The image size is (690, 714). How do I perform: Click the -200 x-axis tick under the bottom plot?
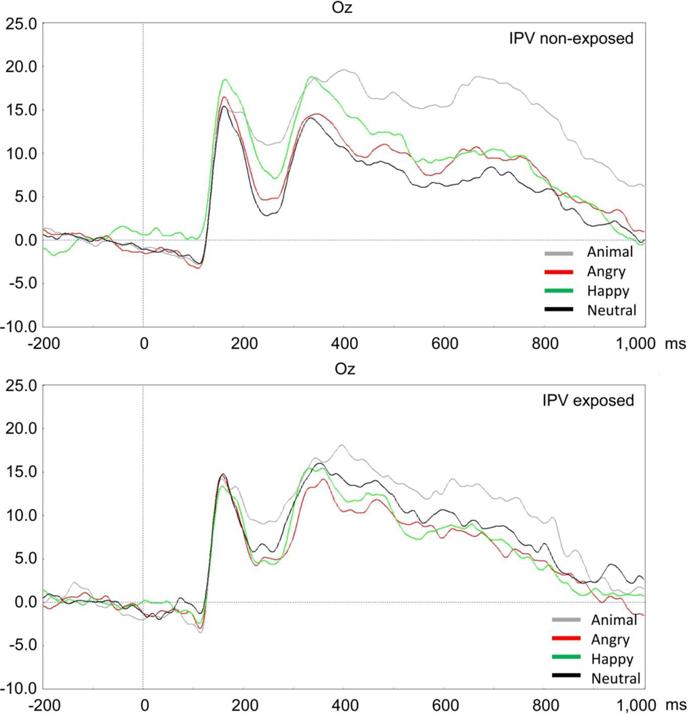coord(42,704)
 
